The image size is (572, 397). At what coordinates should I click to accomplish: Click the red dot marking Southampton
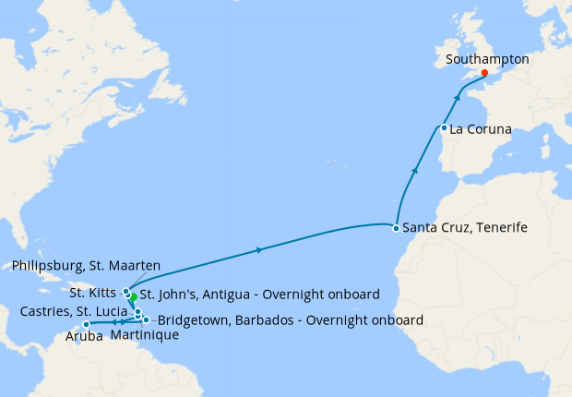point(484,73)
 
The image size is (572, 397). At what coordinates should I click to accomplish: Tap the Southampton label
point(487,58)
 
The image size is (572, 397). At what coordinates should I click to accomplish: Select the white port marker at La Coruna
point(444,128)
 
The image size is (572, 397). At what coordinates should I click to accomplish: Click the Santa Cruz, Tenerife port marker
point(395,227)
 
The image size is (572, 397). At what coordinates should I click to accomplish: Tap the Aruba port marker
point(86,324)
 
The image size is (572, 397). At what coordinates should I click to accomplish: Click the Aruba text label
point(85,337)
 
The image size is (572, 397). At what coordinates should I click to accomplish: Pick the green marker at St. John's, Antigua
point(133,297)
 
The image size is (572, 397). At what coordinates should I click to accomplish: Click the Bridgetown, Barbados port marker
point(146,320)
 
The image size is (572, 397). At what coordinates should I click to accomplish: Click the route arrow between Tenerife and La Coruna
point(416,171)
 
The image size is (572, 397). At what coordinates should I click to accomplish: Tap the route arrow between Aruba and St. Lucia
point(116,321)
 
